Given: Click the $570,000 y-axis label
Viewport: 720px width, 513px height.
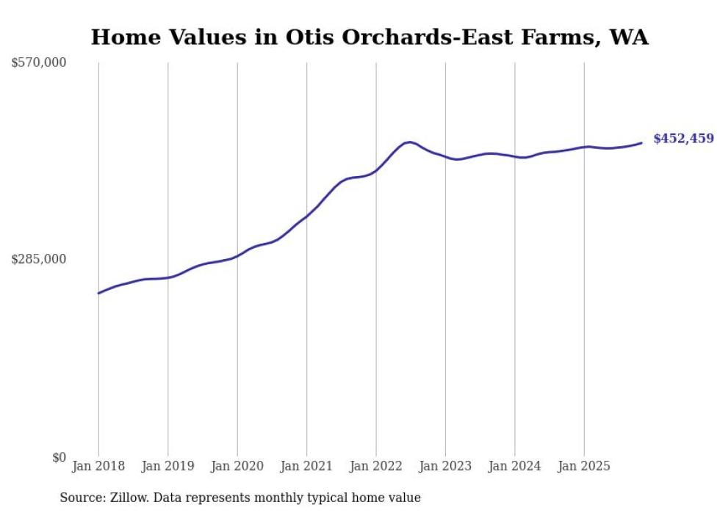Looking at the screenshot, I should [x=39, y=63].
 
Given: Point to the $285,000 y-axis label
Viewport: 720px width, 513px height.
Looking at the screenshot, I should [x=39, y=259].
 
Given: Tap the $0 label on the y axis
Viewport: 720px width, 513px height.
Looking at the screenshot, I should [x=59, y=456].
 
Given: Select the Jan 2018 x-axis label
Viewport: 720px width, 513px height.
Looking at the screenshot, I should [x=98, y=466].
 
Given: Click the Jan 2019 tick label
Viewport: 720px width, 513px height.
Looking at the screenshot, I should [x=168, y=466].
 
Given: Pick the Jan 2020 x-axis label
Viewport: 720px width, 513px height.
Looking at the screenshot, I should [x=237, y=466].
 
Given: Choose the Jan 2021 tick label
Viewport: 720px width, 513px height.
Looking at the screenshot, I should [x=307, y=466].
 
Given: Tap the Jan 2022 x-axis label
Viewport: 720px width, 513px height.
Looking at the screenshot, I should [x=376, y=466].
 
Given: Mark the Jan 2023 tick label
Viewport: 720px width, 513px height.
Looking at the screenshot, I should [x=445, y=466].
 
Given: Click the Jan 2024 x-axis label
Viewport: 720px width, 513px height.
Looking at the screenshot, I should [x=515, y=466].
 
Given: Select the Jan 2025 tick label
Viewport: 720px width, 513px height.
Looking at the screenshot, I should [x=584, y=466].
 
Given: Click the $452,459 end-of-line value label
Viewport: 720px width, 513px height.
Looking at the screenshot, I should [x=683, y=138].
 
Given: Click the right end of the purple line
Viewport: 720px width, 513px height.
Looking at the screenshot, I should [x=642, y=142].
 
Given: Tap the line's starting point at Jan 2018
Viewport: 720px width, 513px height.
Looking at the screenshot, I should [x=98, y=293].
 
